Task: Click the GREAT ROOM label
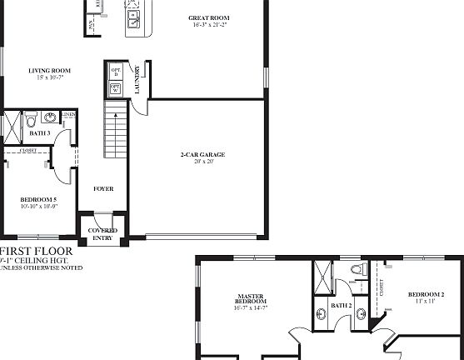point(208,17)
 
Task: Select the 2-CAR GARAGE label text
point(203,154)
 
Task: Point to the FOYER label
point(103,189)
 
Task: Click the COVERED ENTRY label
point(103,234)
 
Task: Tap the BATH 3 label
point(39,133)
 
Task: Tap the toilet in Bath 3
point(31,119)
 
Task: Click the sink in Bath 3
point(50,117)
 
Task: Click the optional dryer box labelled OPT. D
point(115,72)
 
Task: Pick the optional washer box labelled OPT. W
point(115,87)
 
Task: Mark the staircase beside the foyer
point(114,131)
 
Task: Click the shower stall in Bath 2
point(322,275)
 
